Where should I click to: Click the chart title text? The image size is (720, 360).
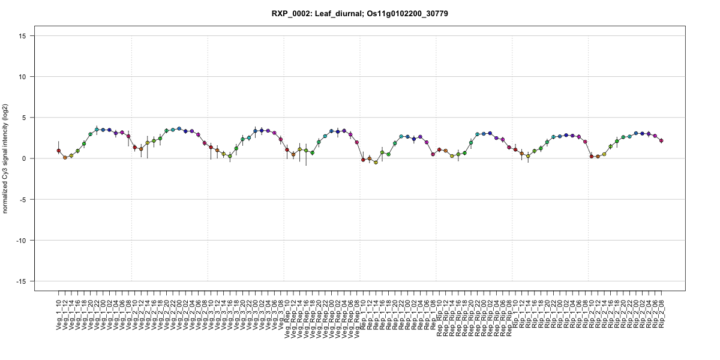pyautogui.click(x=359, y=13)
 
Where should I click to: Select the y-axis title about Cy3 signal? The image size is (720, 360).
pyautogui.click(x=6, y=158)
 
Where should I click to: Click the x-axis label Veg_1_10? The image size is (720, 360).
pyautogui.click(x=59, y=312)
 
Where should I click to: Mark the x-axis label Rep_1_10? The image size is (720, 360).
pyautogui.click(x=363, y=312)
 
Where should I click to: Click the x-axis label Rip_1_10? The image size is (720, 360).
pyautogui.click(x=515, y=312)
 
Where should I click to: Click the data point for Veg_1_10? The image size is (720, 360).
pyautogui.click(x=59, y=151)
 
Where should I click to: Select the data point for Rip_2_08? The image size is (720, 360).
pyautogui.click(x=661, y=140)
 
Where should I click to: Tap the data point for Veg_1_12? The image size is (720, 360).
pyautogui.click(x=65, y=157)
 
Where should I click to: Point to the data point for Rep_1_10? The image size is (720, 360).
pyautogui.click(x=363, y=160)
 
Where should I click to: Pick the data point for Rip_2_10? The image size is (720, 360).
pyautogui.click(x=592, y=157)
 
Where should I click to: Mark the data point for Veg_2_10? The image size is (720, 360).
pyautogui.click(x=135, y=148)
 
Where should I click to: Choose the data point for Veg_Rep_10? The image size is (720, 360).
pyautogui.click(x=287, y=150)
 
